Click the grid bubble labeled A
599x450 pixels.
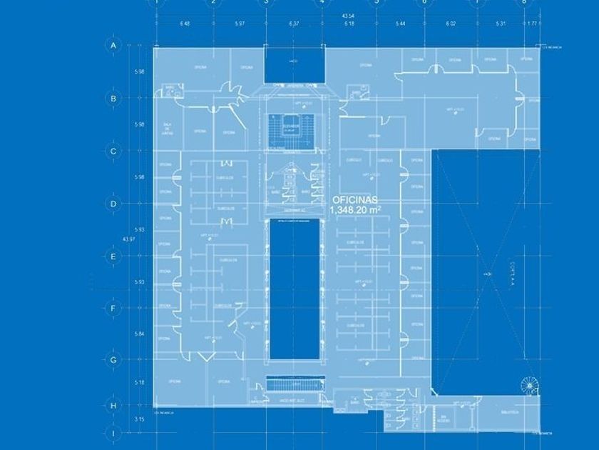click(x=113, y=45)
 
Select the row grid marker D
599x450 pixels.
click(x=113, y=204)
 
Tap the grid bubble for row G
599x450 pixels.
click(x=113, y=361)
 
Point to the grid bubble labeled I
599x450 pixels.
click(x=113, y=433)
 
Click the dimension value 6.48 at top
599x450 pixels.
click(x=185, y=24)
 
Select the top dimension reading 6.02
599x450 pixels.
click(x=450, y=24)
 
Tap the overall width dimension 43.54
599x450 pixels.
click(x=348, y=15)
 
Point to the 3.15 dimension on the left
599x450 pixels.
click(x=140, y=419)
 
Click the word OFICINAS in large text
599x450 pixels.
click(x=355, y=201)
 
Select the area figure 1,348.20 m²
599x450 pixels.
click(x=355, y=210)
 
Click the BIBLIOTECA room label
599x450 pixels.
click(x=508, y=412)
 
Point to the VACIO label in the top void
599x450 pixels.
click(x=293, y=61)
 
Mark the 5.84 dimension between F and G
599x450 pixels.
click(x=140, y=334)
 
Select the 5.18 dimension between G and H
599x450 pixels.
click(x=140, y=383)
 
